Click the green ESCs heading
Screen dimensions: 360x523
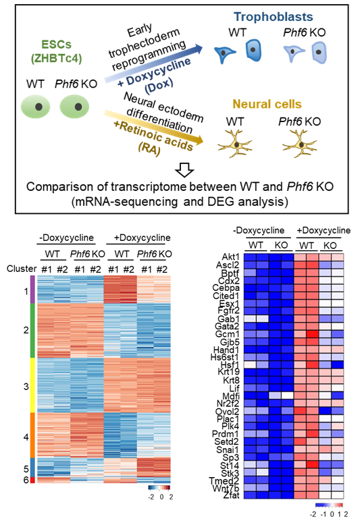57,45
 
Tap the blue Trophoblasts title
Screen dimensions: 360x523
273,17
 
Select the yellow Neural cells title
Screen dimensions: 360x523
267,104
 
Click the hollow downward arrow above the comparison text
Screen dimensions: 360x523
184,170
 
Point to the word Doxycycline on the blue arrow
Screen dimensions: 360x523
158,71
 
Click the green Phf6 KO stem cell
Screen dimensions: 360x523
74,107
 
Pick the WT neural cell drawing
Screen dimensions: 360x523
234,144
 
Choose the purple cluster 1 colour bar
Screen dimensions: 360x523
32,290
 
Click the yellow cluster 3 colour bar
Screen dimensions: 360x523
32,385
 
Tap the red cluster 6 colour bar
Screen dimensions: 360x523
32,480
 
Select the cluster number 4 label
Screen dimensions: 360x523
26,437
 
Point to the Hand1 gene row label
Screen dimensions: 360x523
226,350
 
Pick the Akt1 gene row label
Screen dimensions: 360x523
231,257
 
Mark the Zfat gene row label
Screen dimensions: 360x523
232,495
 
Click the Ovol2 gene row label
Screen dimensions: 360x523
227,411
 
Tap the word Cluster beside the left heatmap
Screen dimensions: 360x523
22,269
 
